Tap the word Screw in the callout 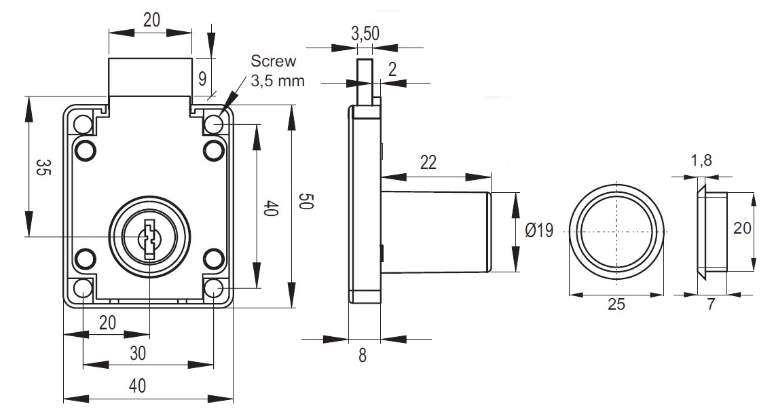click(273, 61)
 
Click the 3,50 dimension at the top click(365, 33)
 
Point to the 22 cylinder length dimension click(428, 162)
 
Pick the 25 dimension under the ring click(616, 304)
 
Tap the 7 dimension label click(711, 304)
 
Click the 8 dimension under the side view click(363, 355)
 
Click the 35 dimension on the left click(43, 168)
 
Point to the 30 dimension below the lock click(138, 353)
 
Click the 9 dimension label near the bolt click(202, 78)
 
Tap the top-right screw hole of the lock click(215, 124)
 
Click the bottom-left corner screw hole click(83, 288)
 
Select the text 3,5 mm click(277, 81)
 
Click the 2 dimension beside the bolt click(392, 68)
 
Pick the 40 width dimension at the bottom click(137, 386)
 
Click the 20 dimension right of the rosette click(742, 230)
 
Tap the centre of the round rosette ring click(616, 231)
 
